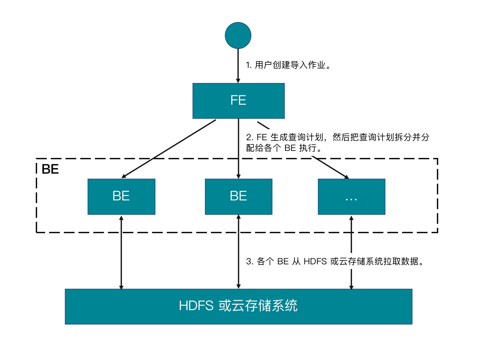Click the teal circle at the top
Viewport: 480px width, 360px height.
[x=238, y=35]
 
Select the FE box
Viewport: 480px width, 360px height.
[x=238, y=101]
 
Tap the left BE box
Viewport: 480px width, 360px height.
[x=121, y=196]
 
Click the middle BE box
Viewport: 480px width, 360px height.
[x=238, y=196]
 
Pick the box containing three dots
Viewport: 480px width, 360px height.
[x=351, y=196]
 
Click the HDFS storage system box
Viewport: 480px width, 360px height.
[x=238, y=306]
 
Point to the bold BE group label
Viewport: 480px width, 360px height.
[x=50, y=169]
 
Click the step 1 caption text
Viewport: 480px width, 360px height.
[x=288, y=65]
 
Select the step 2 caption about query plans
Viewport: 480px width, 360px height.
[x=338, y=142]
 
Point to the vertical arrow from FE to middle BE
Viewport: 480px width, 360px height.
[x=238, y=149]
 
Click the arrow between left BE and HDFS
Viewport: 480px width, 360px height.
[x=121, y=252]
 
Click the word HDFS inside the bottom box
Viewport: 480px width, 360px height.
[x=196, y=306]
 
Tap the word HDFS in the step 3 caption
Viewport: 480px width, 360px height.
[x=315, y=261]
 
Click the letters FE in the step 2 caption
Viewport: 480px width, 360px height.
[x=262, y=137]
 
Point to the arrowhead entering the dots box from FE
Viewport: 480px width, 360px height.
[x=346, y=177]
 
